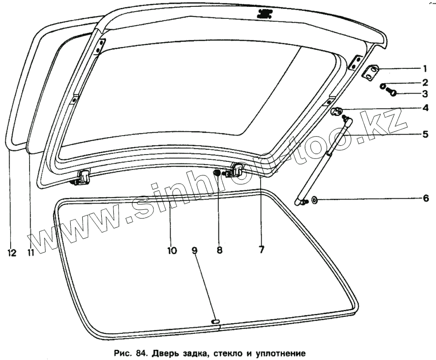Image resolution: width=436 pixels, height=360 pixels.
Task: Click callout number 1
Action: point(425,68)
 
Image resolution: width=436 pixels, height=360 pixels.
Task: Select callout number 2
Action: point(425,83)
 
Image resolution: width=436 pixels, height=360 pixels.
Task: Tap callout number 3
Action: point(425,94)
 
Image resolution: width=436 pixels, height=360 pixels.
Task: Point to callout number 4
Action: point(425,108)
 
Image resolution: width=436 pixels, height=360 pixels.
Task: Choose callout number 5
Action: point(425,134)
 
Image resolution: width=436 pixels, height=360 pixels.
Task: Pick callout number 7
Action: point(261,250)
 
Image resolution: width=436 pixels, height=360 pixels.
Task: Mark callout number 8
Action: point(219,250)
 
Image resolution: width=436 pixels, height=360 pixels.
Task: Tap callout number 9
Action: point(194,250)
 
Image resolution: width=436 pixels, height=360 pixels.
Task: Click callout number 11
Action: point(31,252)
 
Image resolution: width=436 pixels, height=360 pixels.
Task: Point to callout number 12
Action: point(12,252)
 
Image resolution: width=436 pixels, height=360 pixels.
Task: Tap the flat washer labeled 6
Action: point(314,200)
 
